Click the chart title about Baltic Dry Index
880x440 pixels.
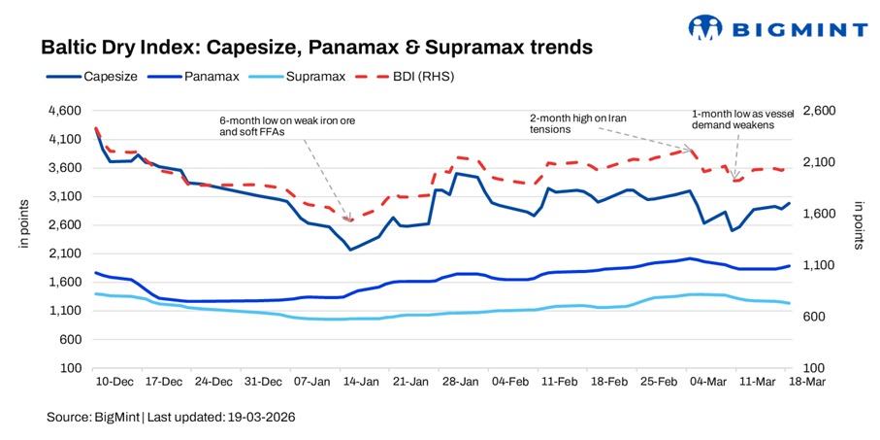[315, 47]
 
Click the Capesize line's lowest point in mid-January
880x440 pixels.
[350, 250]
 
